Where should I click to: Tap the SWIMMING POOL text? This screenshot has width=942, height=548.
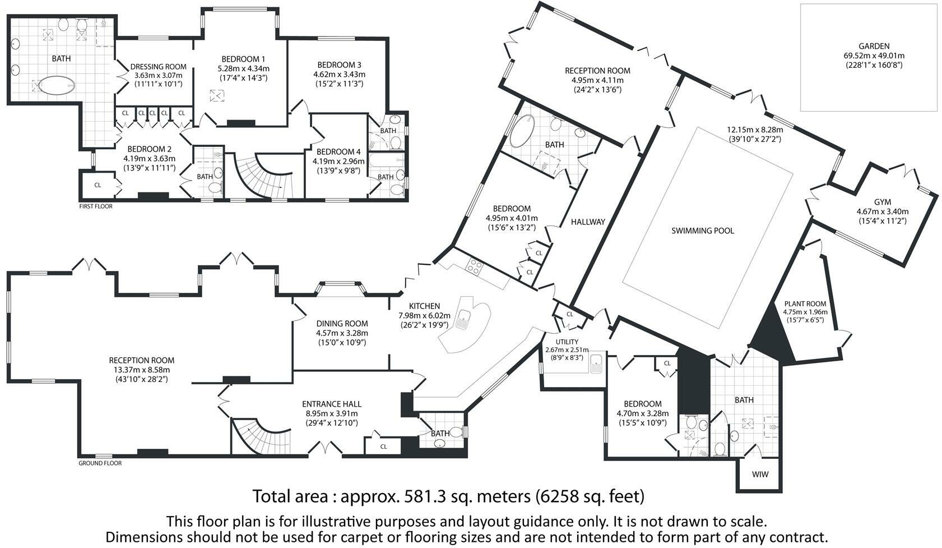click(703, 231)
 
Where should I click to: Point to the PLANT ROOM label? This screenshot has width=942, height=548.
click(805, 303)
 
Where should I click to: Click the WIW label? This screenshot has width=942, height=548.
click(760, 475)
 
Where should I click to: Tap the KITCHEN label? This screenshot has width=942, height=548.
click(424, 306)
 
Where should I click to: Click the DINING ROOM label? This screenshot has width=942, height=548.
click(342, 323)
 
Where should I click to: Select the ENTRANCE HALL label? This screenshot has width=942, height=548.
click(332, 404)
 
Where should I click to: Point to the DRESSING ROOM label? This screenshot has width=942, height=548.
click(158, 67)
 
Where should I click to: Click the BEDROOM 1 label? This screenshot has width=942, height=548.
click(244, 59)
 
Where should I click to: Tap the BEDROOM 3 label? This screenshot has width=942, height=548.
click(340, 65)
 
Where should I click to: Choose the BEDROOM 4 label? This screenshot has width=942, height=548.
click(338, 151)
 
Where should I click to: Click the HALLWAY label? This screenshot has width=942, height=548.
click(588, 222)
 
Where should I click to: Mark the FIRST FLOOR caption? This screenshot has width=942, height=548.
click(96, 206)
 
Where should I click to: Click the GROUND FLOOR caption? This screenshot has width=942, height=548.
click(100, 463)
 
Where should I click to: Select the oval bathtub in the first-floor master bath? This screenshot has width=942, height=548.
click(57, 86)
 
